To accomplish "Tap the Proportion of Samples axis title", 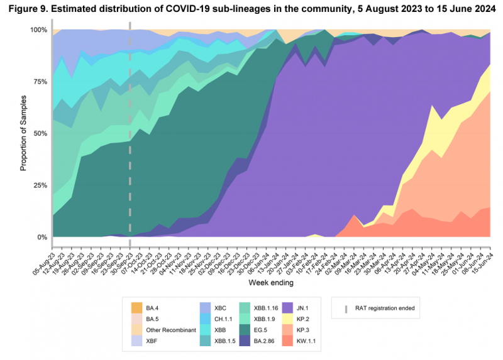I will click(x=13, y=134).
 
